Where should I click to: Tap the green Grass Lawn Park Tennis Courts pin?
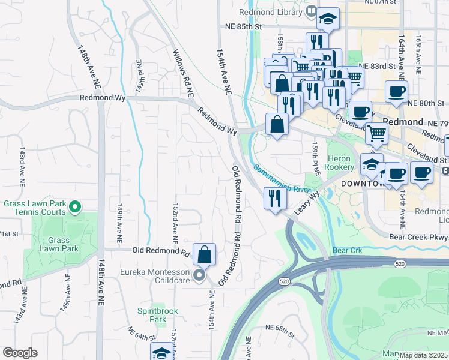click(75, 208)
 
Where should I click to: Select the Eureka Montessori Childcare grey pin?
click(200, 276)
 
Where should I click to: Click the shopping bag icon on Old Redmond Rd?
click(205, 254)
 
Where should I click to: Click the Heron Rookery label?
click(342, 163)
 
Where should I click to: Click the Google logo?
click(20, 353)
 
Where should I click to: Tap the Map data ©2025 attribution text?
click(424, 355)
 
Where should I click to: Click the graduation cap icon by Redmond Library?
click(328, 20)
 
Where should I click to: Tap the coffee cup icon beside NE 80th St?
click(396, 92)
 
